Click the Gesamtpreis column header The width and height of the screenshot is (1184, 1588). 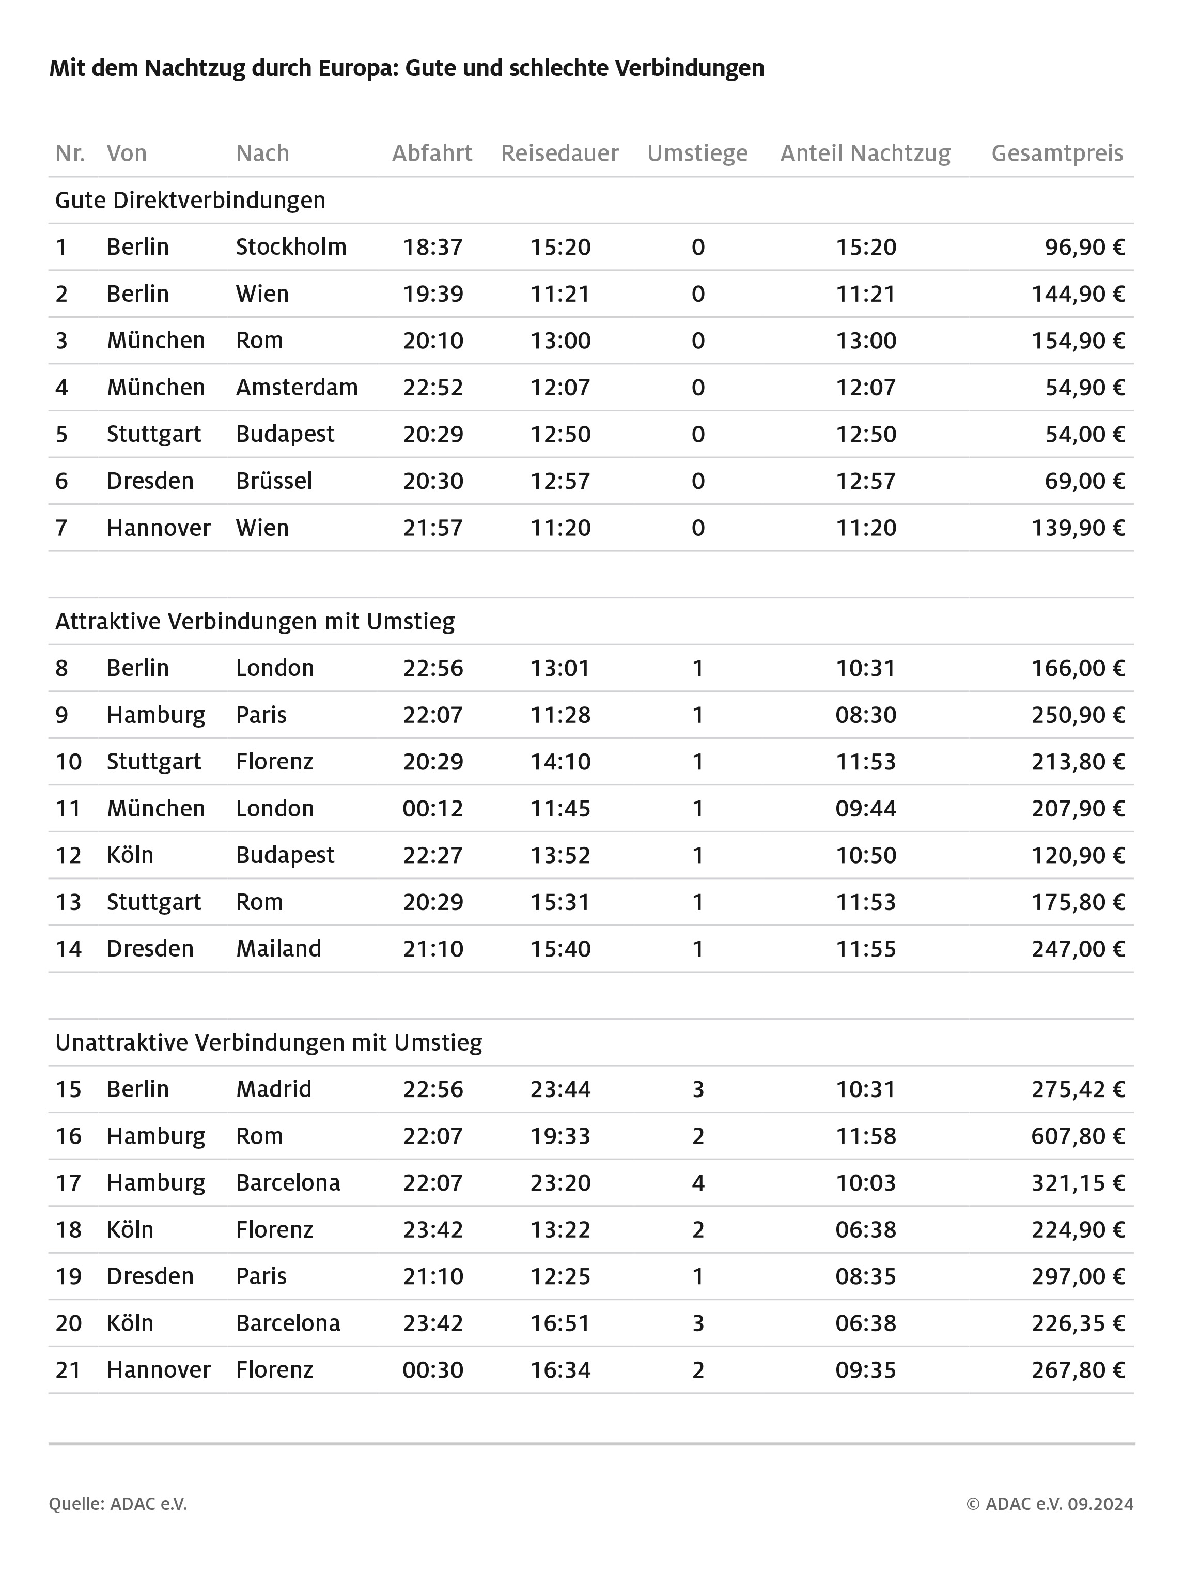pyautogui.click(x=1056, y=153)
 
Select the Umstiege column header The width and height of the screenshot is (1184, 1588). pyautogui.click(x=697, y=153)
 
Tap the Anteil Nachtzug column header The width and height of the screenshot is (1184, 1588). pyautogui.click(x=865, y=153)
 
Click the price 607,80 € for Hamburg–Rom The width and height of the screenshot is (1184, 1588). pyautogui.click(x=1077, y=1136)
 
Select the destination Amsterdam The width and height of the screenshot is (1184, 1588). pyautogui.click(x=297, y=387)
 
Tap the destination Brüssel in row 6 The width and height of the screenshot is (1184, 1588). pyautogui.click(x=274, y=481)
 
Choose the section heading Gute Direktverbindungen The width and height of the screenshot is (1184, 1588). pyautogui.click(x=190, y=200)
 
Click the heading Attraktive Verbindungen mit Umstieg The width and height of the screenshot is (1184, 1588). pyautogui.click(x=255, y=621)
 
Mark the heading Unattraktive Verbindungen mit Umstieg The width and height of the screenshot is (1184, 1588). pyautogui.click(x=268, y=1042)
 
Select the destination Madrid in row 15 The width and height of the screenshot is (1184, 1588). pyautogui.click(x=274, y=1089)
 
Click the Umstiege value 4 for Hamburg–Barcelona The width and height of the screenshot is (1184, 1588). pyautogui.click(x=697, y=1182)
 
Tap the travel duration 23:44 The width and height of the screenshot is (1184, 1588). pyautogui.click(x=560, y=1089)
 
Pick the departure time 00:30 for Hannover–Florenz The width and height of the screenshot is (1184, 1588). pyautogui.click(x=432, y=1369)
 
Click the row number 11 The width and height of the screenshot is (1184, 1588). pyautogui.click(x=68, y=808)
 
